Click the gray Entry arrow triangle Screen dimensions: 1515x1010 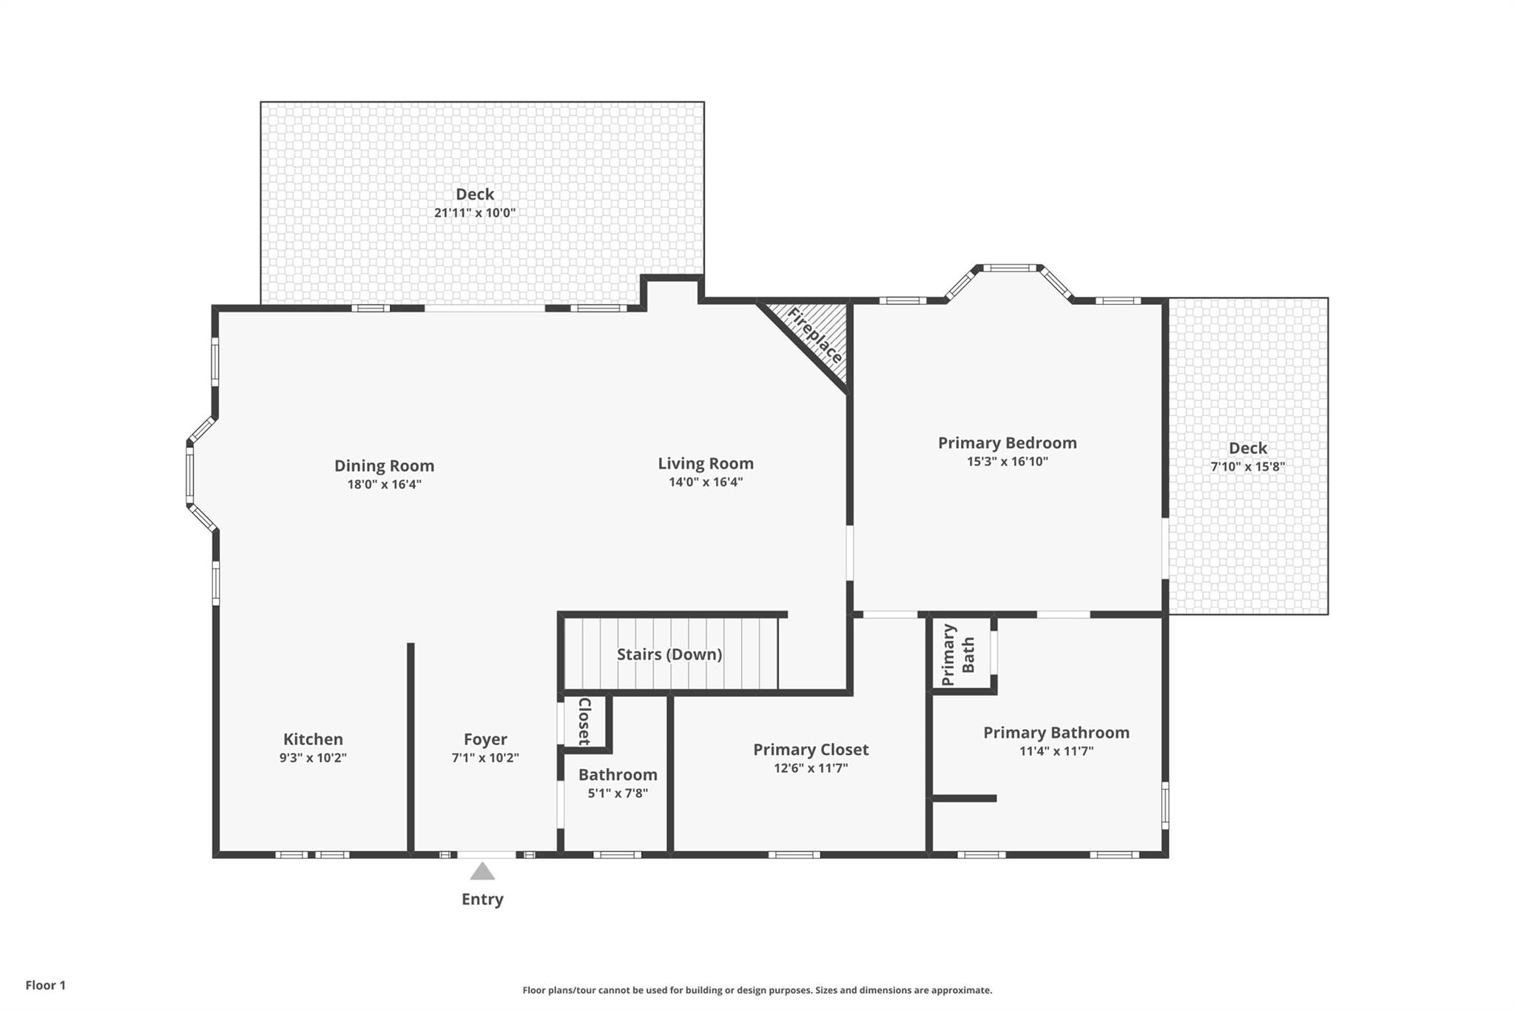click(x=482, y=871)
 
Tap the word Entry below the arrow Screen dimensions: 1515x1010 click(x=482, y=899)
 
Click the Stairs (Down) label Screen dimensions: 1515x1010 click(x=669, y=654)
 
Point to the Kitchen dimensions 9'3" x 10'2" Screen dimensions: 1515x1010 click(x=313, y=758)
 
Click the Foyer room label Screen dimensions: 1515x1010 click(x=485, y=739)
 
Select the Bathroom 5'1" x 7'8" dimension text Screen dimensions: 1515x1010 click(x=618, y=793)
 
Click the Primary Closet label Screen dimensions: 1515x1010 click(x=811, y=750)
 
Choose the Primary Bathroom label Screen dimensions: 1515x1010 click(x=1056, y=733)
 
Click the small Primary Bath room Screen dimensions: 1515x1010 click(x=961, y=654)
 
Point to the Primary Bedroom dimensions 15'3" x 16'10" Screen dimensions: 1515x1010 click(x=1008, y=462)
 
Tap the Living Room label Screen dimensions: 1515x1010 click(x=706, y=464)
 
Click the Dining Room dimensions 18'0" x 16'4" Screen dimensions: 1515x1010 click(x=385, y=485)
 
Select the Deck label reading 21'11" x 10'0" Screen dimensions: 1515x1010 click(x=475, y=212)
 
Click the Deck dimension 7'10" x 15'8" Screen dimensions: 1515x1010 click(x=1248, y=467)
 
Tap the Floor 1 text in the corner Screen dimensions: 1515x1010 click(x=46, y=986)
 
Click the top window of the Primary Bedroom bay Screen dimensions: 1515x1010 click(x=1010, y=268)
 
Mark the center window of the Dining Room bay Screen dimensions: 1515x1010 click(x=189, y=474)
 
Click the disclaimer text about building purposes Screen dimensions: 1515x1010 click(x=757, y=990)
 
